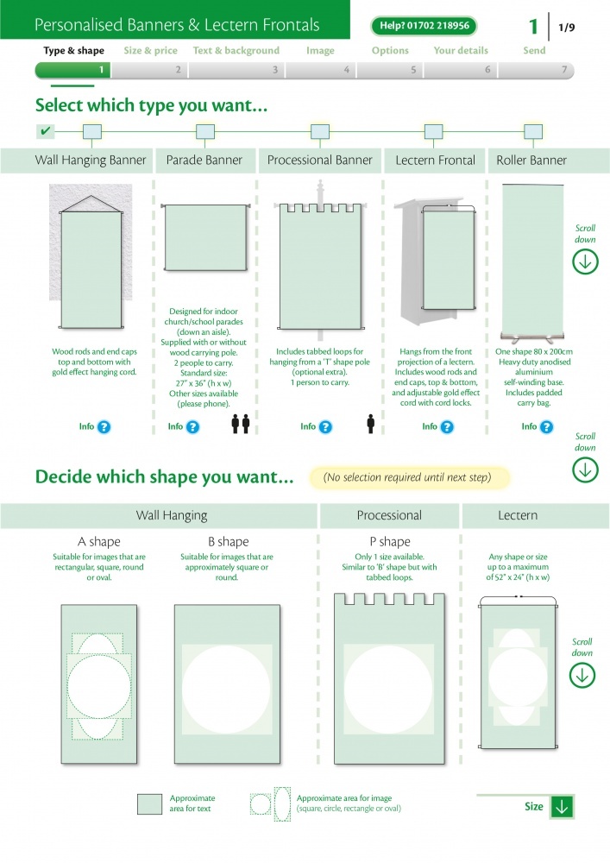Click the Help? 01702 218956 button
click(424, 26)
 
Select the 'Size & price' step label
click(151, 51)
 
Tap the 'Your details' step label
click(461, 51)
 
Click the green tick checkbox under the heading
click(45, 131)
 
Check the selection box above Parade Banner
click(205, 131)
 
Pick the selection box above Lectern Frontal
click(433, 131)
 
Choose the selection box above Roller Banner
click(533, 131)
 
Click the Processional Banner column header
click(319, 161)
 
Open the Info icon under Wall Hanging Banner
click(104, 427)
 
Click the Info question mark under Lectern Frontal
click(447, 427)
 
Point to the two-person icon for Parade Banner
click(241, 424)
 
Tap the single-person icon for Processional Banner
click(371, 424)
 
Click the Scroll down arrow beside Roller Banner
click(585, 261)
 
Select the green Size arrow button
click(563, 807)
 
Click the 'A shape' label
click(99, 542)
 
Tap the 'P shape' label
click(390, 542)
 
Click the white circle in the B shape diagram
click(227, 690)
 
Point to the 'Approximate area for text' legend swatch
click(149, 804)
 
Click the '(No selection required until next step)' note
click(407, 477)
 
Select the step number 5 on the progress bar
click(413, 70)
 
